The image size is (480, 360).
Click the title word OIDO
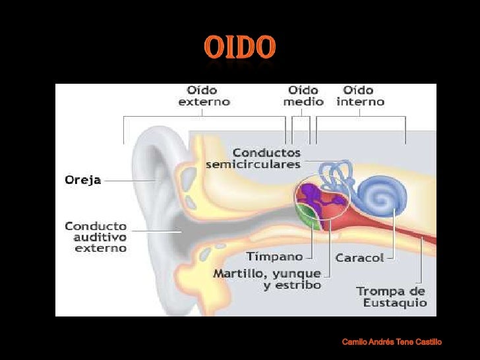(239, 47)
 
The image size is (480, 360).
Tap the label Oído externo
(204, 96)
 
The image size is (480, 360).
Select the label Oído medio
(303, 96)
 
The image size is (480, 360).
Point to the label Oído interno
(361, 96)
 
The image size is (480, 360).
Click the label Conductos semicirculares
(253, 158)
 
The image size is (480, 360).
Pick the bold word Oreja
(82, 179)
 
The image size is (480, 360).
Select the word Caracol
(359, 257)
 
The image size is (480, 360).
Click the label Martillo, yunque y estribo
(267, 279)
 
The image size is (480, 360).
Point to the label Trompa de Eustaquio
(391, 297)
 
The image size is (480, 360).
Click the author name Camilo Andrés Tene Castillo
(392, 342)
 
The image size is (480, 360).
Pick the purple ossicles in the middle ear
(315, 198)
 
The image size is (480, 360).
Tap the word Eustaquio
(395, 303)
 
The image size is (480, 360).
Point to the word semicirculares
(253, 164)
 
